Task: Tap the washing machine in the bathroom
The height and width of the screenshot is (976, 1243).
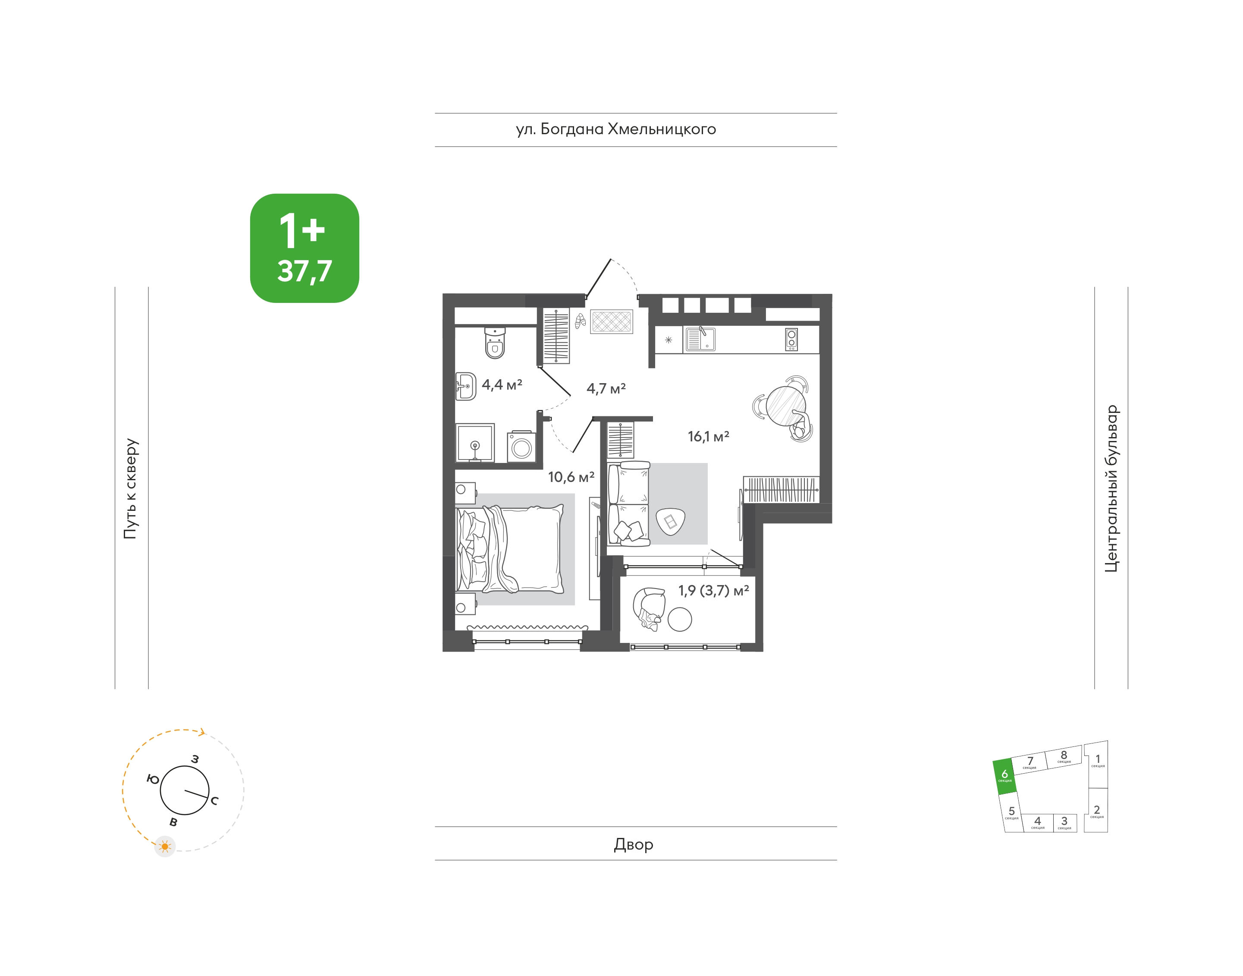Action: coord(521,446)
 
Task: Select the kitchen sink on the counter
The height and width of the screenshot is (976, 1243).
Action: coord(700,339)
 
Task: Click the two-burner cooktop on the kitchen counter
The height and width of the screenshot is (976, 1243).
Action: coord(791,340)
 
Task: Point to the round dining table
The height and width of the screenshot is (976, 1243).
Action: coord(786,406)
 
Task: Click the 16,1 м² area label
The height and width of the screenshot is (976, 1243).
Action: coord(708,437)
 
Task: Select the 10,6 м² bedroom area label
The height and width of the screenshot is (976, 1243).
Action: coord(571,477)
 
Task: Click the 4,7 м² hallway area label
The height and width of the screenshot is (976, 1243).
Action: coord(606,389)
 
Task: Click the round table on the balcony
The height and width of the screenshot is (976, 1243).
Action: coord(680,619)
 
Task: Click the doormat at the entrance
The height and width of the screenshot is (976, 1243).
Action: coord(611,322)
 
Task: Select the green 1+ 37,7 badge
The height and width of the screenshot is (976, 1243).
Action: coord(304,248)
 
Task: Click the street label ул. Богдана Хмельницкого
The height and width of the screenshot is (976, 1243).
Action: coord(616,130)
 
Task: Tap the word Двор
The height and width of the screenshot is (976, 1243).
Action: coord(634,844)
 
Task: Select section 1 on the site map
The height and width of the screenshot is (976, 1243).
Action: coord(1097,763)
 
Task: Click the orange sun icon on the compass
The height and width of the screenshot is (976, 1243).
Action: coord(165,846)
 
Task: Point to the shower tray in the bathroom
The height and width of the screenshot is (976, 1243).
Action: coord(475,442)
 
